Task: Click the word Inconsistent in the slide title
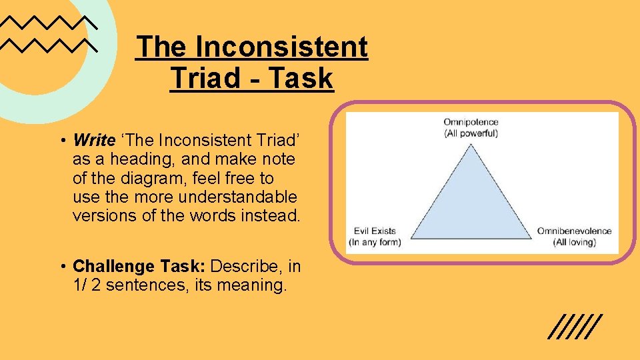281,47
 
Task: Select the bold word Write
94,140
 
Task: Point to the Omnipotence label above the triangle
471,123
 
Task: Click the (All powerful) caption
471,133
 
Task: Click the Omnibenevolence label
574,231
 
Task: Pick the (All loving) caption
574,241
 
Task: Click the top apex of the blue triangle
473,145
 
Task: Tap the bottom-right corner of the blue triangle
531,238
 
